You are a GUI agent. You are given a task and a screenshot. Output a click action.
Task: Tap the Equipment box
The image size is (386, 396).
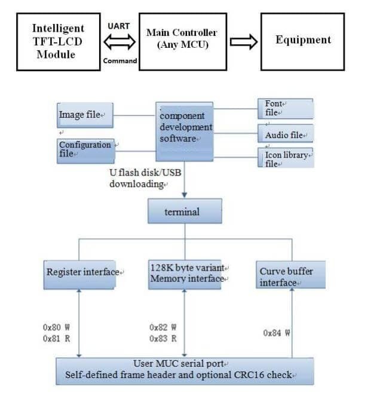[302, 41]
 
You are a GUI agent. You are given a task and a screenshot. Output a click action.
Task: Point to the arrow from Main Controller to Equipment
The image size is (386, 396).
[243, 41]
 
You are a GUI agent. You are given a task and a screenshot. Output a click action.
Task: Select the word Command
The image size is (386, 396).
[120, 60]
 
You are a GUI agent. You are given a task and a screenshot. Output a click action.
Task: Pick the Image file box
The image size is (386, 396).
[85, 115]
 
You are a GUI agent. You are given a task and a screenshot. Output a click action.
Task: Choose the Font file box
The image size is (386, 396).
[285, 108]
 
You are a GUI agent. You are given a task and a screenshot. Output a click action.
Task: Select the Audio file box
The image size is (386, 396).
[285, 134]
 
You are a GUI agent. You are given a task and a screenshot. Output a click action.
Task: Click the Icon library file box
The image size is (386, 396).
[285, 158]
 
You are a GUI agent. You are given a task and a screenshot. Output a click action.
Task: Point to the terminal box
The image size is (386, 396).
[185, 212]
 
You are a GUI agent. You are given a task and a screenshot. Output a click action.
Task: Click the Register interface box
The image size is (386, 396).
[82, 274]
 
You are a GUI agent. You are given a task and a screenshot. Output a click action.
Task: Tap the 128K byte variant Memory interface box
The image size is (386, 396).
[185, 274]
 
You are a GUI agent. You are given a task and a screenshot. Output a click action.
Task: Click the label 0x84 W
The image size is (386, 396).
[276, 333]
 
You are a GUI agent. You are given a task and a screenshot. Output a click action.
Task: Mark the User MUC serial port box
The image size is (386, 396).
[185, 370]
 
